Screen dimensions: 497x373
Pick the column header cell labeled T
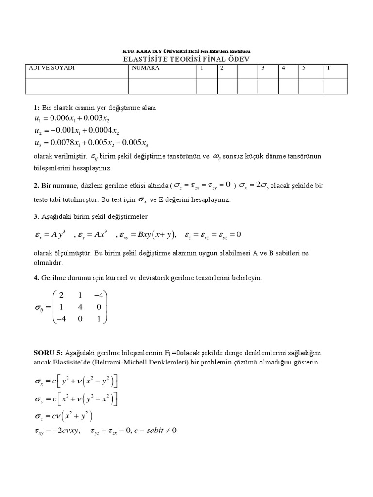[x=329, y=68]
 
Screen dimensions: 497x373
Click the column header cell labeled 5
[x=304, y=68]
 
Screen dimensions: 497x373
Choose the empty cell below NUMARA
[x=162, y=85]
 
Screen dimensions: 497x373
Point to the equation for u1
[x=72, y=118]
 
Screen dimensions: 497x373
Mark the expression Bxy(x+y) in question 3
[x=156, y=234]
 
